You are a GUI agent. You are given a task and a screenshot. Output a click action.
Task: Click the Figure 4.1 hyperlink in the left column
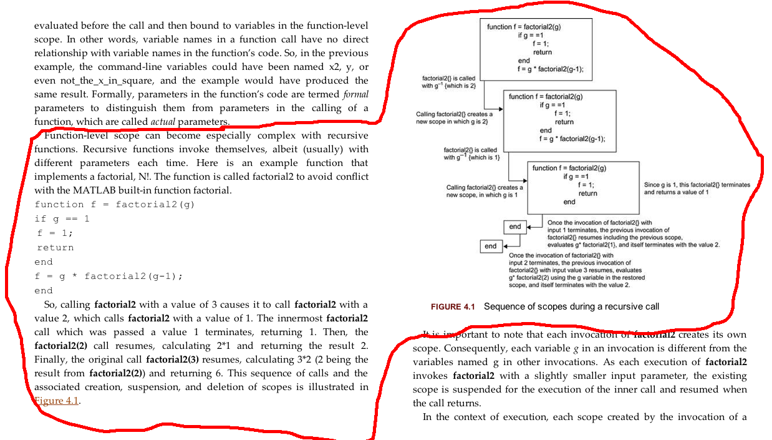tap(57, 401)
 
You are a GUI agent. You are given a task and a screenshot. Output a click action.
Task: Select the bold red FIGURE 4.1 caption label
tap(453, 307)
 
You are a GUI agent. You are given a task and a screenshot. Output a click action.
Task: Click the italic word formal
tap(356, 94)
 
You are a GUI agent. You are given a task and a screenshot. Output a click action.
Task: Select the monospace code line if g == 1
tap(62, 219)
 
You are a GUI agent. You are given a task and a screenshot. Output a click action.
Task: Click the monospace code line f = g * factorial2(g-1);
tap(109, 276)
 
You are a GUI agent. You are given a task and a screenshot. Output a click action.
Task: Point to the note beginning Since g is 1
tap(697, 188)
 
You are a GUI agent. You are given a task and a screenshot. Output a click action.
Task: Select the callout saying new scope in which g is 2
tap(454, 118)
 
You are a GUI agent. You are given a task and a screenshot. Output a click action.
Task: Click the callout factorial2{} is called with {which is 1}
tap(470, 154)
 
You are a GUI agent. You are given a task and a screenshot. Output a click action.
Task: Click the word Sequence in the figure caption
tap(504, 307)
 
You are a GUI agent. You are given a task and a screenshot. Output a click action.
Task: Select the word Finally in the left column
tap(51, 359)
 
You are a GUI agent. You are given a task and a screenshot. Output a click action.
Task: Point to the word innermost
tap(300, 318)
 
